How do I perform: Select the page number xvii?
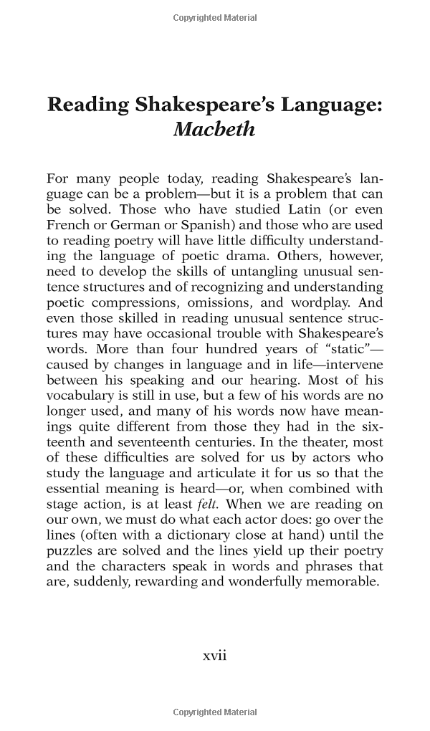[x=214, y=655]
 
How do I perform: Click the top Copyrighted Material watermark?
[x=214, y=18]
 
